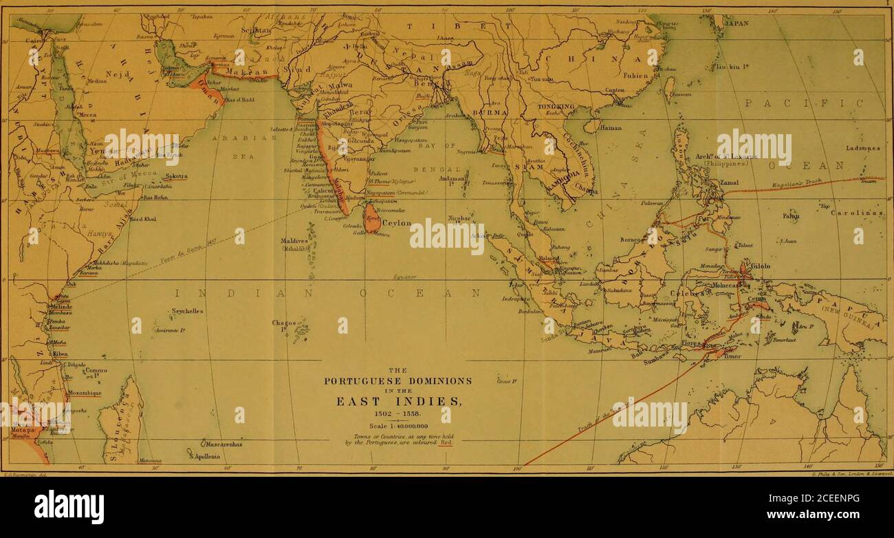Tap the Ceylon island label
point(397,223)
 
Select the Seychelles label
point(187,311)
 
